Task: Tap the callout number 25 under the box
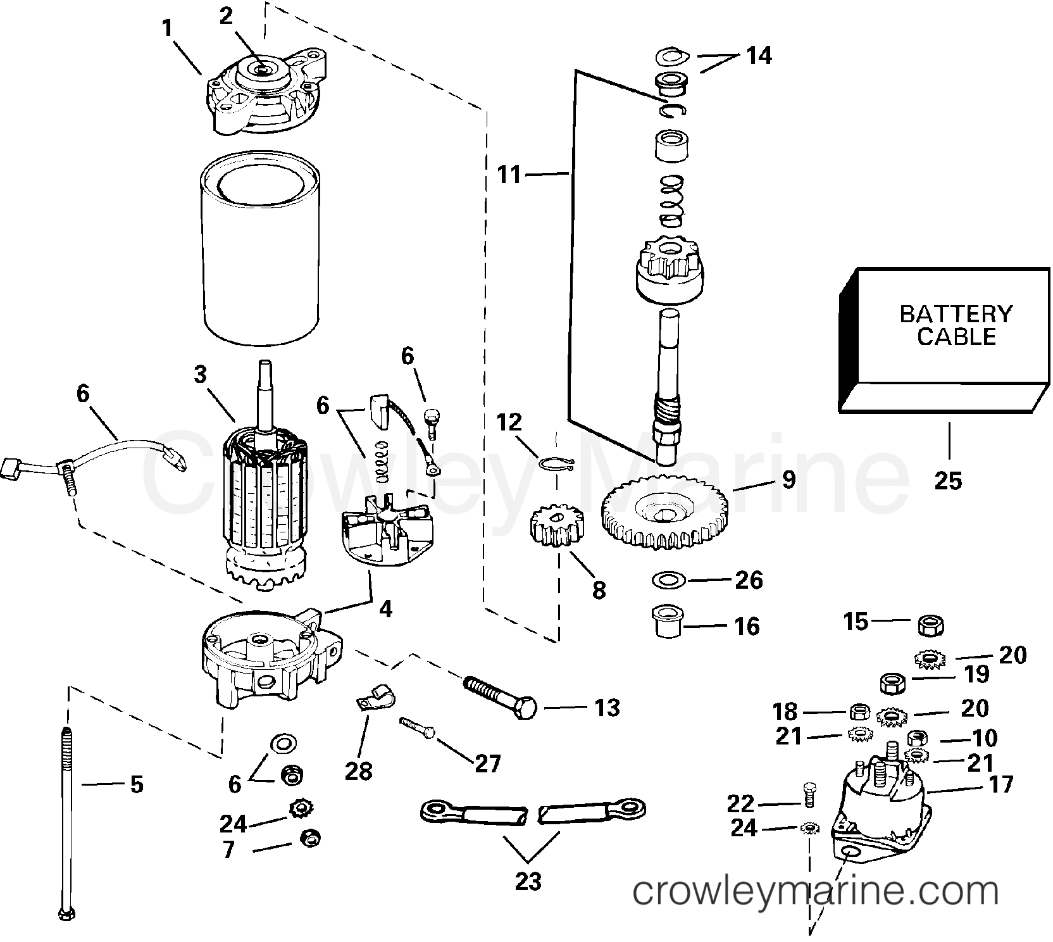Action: [947, 481]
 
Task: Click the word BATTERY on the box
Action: [956, 314]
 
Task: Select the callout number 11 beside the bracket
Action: [508, 174]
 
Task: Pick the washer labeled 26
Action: [665, 579]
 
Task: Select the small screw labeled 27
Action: [417, 727]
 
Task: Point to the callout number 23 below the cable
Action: [528, 881]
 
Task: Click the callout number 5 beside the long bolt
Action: [136, 785]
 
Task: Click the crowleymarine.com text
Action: [816, 892]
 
